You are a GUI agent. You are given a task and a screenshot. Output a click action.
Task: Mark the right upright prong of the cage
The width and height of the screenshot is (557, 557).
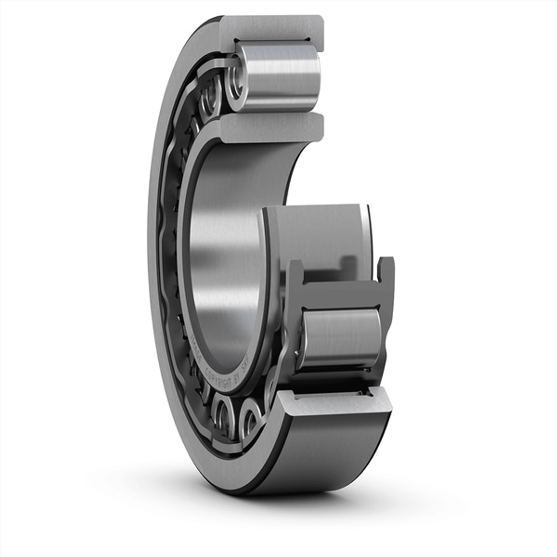click(x=385, y=270)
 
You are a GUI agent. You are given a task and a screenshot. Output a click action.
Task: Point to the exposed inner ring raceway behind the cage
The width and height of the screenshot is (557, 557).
click(x=312, y=234)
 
